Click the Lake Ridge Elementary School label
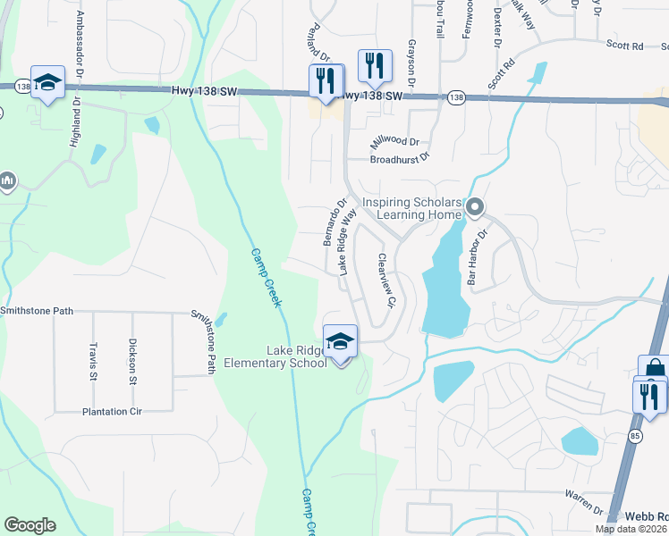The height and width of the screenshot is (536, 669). [275, 356]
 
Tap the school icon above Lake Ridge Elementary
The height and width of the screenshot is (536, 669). [341, 342]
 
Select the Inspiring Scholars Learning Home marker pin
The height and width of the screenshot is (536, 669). [475, 209]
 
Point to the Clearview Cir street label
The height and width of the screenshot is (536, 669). [386, 281]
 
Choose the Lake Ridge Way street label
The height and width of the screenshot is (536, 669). [347, 242]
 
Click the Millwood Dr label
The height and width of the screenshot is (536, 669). [394, 142]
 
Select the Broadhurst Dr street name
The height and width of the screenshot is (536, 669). [400, 159]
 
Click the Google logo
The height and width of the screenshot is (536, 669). [30, 525]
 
